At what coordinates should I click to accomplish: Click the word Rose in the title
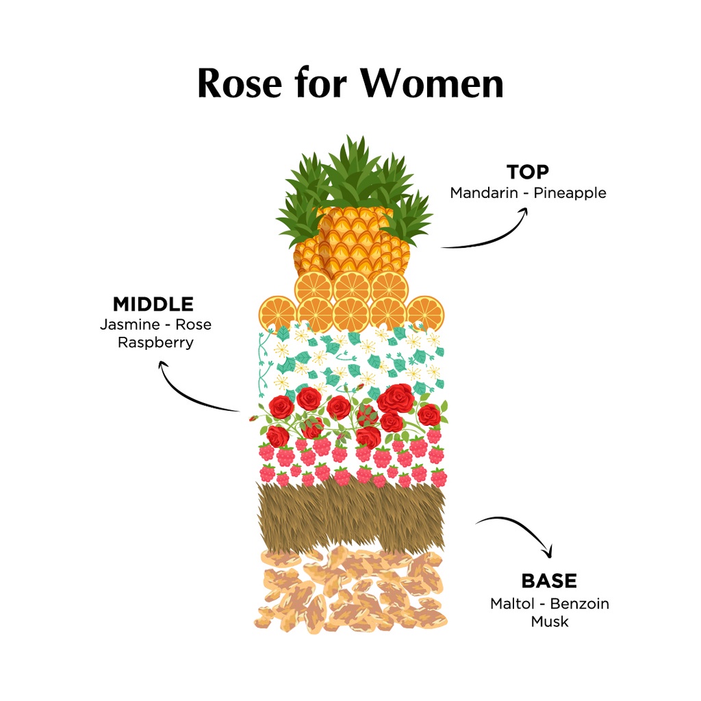(240, 84)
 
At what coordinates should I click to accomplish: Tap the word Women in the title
(432, 84)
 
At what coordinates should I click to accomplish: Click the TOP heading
(528, 172)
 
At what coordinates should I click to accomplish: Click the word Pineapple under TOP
(570, 193)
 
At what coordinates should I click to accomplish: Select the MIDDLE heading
(153, 304)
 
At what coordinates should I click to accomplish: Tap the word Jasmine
(129, 324)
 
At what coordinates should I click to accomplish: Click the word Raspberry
(155, 342)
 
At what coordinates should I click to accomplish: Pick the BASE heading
(549, 581)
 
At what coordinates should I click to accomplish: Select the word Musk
(550, 622)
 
